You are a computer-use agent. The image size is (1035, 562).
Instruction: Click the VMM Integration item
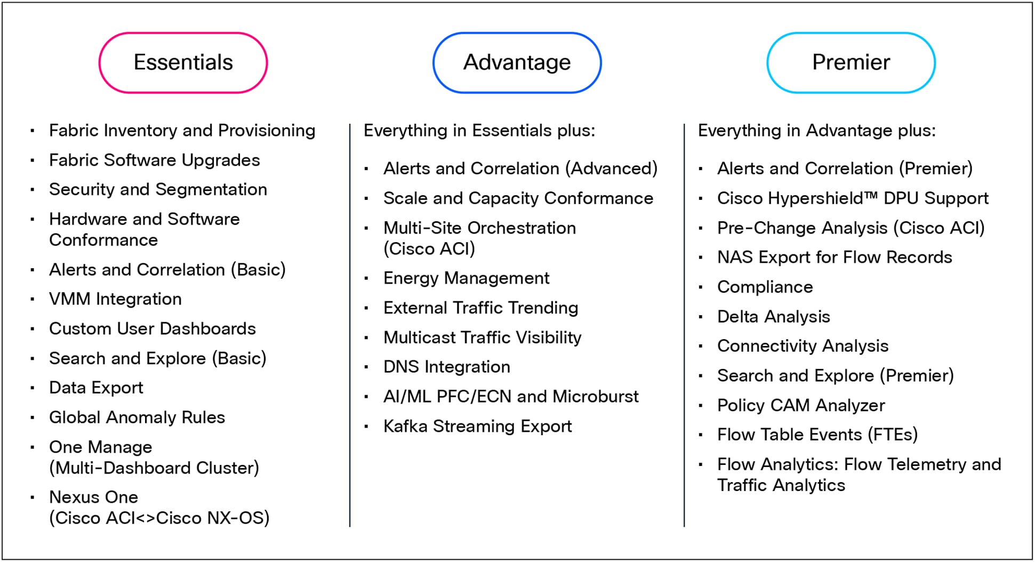click(x=115, y=299)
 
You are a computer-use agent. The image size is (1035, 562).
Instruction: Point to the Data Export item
click(x=96, y=388)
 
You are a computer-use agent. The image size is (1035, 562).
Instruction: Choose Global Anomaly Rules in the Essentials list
click(x=137, y=417)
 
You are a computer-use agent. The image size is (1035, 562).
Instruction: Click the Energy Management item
click(x=466, y=278)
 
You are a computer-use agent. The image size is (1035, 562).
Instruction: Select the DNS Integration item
click(x=447, y=367)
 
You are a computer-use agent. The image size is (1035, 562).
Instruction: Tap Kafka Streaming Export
click(x=477, y=426)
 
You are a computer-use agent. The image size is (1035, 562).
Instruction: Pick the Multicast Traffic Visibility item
click(x=482, y=338)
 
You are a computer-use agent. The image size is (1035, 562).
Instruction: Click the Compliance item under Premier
click(x=765, y=287)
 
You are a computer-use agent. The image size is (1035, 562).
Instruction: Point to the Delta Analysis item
click(x=773, y=317)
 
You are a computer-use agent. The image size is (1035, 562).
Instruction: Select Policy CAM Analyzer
click(x=801, y=405)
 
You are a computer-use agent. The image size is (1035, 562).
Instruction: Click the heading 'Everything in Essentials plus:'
click(x=479, y=131)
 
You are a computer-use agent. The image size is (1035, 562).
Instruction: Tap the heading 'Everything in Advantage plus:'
click(x=816, y=131)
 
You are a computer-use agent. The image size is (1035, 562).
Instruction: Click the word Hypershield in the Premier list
click(x=825, y=199)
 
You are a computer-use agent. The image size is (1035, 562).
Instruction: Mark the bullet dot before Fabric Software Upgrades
click(x=33, y=160)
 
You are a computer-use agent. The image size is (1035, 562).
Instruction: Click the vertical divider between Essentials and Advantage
click(x=350, y=325)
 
